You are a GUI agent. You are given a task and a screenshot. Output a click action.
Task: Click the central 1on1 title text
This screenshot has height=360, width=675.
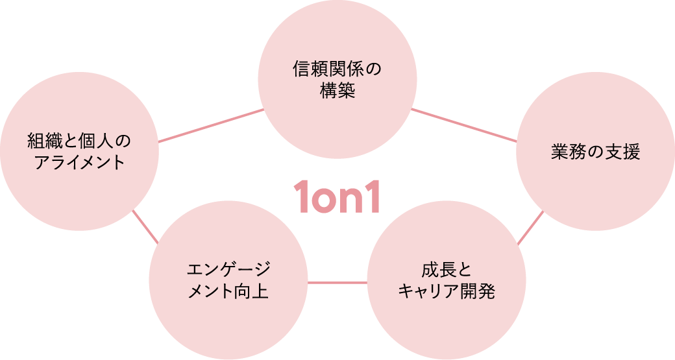pos(336,197)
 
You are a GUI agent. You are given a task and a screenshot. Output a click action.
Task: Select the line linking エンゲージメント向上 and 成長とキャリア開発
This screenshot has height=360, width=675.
pos(337,282)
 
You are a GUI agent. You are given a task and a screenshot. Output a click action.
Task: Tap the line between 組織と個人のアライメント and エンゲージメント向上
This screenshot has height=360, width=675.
pos(145,227)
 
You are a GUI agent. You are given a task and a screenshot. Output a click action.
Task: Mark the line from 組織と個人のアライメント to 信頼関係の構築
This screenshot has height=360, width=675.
pos(211,125)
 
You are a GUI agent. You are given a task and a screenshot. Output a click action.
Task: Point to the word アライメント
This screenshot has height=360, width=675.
pos(79,162)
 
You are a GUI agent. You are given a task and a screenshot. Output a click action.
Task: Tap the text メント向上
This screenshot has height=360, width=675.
pos(228,292)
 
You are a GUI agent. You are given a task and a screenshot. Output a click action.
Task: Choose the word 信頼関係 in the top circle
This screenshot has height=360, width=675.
pos(328,69)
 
